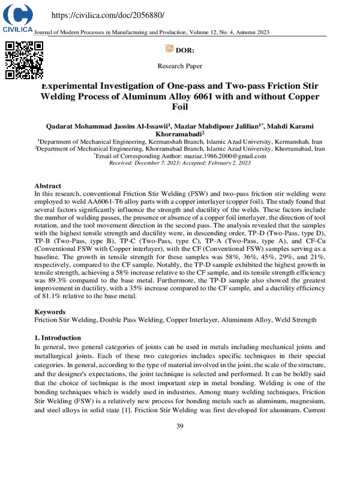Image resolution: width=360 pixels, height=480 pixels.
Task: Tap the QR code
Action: click(25, 61)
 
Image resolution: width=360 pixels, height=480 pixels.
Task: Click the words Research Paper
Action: click(180, 66)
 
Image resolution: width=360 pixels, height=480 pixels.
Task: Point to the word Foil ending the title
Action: click(180, 107)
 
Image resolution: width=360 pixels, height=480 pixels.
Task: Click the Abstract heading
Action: click(48, 186)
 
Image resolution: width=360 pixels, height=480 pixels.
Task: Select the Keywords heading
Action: click(50, 312)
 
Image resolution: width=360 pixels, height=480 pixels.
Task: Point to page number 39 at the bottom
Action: click(180, 426)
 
